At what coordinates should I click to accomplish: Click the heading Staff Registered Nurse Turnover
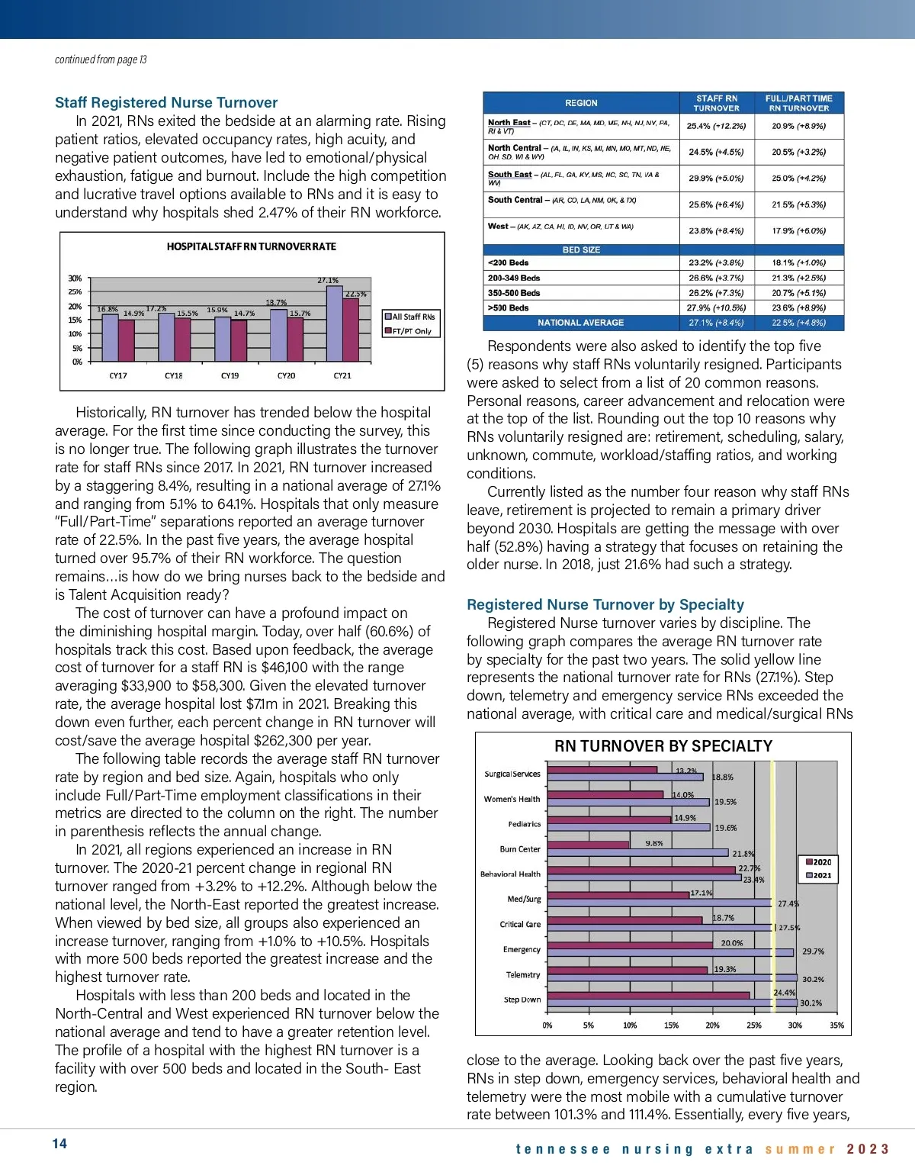click(166, 102)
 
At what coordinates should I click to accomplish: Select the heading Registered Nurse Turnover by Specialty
click(605, 604)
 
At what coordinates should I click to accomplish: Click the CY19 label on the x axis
click(230, 375)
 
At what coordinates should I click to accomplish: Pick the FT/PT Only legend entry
click(411, 331)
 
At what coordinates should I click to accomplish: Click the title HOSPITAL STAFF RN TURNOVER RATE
click(251, 246)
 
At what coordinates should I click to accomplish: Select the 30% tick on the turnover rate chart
click(75, 278)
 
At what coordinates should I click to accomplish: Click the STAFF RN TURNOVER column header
click(716, 103)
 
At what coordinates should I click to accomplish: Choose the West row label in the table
click(498, 226)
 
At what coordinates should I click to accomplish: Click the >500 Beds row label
click(508, 307)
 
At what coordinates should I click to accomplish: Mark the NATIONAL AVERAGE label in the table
click(580, 323)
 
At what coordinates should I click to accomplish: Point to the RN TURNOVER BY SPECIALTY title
click(663, 746)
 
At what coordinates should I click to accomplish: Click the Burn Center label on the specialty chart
click(519, 849)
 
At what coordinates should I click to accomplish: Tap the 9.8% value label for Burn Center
click(653, 843)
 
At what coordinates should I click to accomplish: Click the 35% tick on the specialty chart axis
click(836, 1025)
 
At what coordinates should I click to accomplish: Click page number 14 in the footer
click(59, 1143)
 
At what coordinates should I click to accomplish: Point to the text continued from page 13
click(101, 60)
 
